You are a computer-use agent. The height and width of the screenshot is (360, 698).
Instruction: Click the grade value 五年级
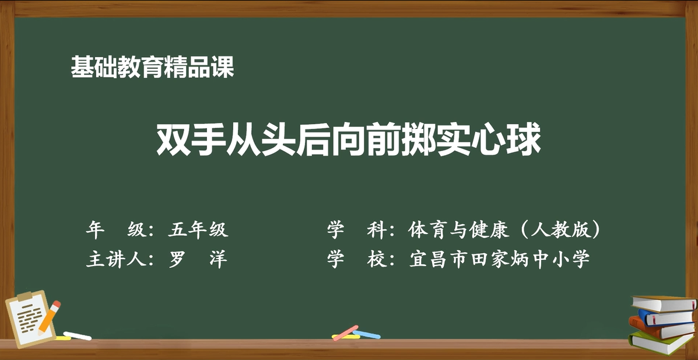click(x=198, y=230)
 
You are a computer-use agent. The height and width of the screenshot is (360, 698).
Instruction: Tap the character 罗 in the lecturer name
click(x=177, y=259)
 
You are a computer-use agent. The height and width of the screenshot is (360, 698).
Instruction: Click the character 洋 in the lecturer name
click(x=219, y=259)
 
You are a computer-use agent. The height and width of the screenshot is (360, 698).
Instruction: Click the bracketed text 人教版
click(x=561, y=230)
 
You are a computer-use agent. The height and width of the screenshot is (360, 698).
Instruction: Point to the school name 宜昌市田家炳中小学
click(x=500, y=259)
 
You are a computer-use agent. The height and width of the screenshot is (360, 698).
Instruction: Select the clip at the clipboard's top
click(x=26, y=296)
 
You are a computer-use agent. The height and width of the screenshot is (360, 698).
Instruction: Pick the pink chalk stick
click(x=345, y=333)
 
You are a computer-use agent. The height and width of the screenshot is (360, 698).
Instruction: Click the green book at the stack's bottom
click(x=661, y=342)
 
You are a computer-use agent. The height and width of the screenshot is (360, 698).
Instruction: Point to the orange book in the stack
click(x=661, y=328)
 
